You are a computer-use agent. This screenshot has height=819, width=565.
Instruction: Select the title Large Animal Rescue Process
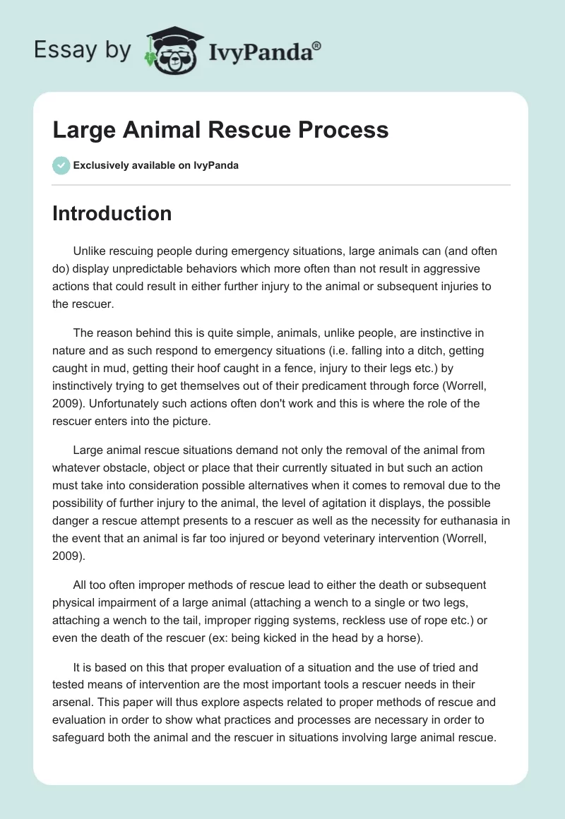coord(220,130)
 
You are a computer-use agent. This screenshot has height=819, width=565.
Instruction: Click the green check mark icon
coord(61,165)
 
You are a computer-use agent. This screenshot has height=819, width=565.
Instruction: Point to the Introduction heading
coord(112,213)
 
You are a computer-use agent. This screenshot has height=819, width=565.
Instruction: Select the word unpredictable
coord(193,269)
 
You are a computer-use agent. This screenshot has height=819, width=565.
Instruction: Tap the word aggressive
coord(452,269)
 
